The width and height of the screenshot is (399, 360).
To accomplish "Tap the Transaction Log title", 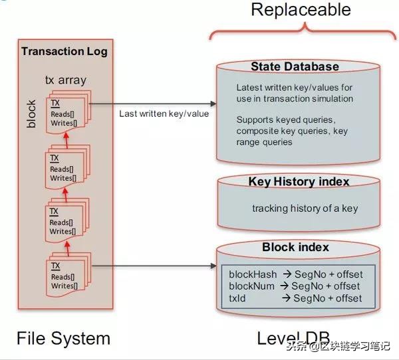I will coord(64,51).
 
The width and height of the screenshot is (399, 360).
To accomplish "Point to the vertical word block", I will coord(31,114).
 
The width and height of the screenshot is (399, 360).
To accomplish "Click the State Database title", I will coord(295,66).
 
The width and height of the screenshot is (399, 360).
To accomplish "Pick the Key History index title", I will coord(299,181).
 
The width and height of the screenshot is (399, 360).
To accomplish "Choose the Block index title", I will coord(295,248).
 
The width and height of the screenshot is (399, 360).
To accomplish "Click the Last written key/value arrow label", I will coord(164,114).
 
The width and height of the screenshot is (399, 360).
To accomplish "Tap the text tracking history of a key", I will coord(305,208).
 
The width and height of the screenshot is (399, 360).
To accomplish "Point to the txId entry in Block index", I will coord(238,298).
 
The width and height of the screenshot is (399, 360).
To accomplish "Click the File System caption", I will coord(63,338).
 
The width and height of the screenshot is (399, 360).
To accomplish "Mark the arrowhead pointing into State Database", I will coord(213,104).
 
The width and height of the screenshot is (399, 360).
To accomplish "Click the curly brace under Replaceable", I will coord(305,31).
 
